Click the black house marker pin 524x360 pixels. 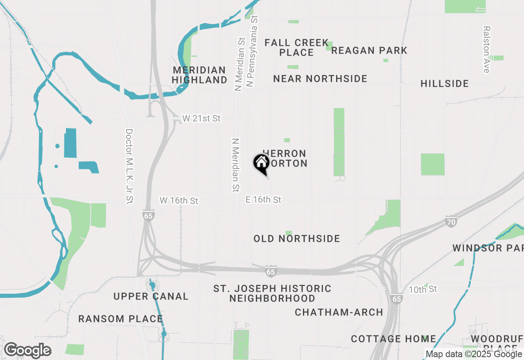coord(261,164)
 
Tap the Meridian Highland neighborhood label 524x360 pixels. coord(199,75)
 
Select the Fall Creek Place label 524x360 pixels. coord(296,47)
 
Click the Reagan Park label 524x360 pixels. coord(369,50)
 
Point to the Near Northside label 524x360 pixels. coord(320,79)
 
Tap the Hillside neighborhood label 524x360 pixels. coord(445,83)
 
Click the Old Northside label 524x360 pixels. coord(297,239)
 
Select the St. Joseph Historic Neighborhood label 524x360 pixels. coord(272,293)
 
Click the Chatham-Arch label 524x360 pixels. coord(339,312)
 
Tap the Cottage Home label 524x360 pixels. coord(393,339)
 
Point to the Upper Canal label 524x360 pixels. coord(151,296)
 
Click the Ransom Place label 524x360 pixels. coord(120,319)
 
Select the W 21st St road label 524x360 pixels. coord(201,119)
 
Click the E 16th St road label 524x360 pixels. coord(264,200)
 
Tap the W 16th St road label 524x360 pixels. coord(179,200)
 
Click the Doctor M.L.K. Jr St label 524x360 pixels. coord(129,166)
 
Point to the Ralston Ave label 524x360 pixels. coord(486,49)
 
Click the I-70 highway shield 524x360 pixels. coord(451,223)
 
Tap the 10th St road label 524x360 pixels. coord(423,289)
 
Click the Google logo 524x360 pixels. coord(27,350)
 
